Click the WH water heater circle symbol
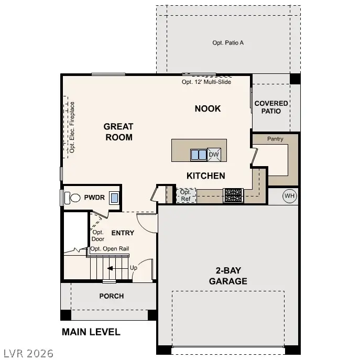click(x=289, y=196)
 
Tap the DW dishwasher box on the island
click(x=214, y=155)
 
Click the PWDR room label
click(x=95, y=198)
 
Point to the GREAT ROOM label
click(x=118, y=132)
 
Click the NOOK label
click(x=208, y=108)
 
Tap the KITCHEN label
click(x=206, y=176)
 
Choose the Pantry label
click(x=275, y=139)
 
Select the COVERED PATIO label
click(x=271, y=107)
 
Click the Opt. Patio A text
click(x=228, y=42)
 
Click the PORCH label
click(x=112, y=296)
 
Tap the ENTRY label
click(x=123, y=233)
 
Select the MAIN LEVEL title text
click(x=91, y=332)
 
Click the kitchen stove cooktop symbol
click(x=233, y=195)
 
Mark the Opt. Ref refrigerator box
click(x=186, y=195)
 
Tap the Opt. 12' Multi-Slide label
click(x=206, y=82)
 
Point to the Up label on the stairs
click(x=134, y=268)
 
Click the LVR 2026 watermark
click(x=27, y=353)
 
